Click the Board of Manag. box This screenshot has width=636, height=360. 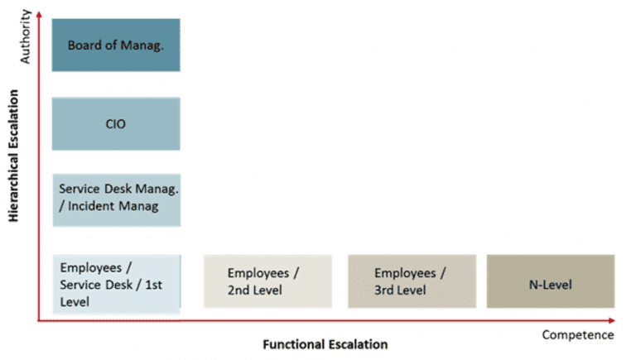(115, 45)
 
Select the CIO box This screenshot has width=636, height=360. (115, 124)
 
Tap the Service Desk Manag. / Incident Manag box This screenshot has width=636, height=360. (115, 199)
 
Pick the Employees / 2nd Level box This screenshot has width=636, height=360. (267, 281)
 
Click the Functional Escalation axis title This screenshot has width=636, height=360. (325, 343)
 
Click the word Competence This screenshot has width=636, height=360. (577, 335)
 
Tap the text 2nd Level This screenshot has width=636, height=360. (255, 290)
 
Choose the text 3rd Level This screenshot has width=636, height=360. (400, 290)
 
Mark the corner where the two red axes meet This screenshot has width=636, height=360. (39, 319)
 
